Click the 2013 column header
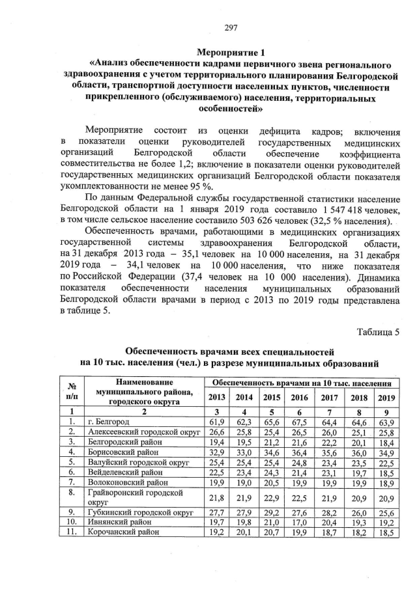[x=217, y=397]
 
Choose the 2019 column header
[x=386, y=397]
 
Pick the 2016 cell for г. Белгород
[x=300, y=422]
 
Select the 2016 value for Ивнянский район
[x=300, y=522]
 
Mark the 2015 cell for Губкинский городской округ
[x=272, y=512]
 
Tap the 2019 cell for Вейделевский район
[x=386, y=473]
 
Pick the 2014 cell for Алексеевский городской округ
[x=244, y=432]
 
